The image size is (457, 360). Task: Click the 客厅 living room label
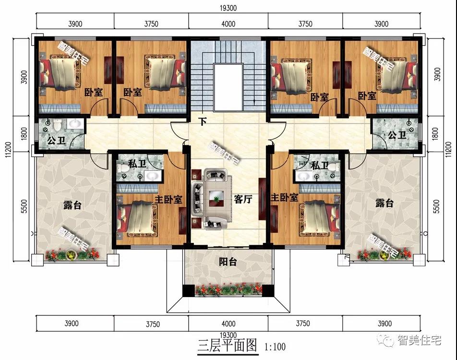243,199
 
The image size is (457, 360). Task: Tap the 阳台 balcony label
228,262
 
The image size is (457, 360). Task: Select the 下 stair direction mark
202,121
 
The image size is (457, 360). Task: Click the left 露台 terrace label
72,205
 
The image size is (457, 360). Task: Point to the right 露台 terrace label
385,203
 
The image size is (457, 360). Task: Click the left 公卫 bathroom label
56,141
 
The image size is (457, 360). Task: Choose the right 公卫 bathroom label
397,135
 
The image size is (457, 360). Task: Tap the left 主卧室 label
168,199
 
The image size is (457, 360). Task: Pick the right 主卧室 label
285,197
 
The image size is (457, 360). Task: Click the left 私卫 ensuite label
137,164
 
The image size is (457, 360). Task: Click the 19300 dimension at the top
228,8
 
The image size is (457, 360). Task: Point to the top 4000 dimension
228,24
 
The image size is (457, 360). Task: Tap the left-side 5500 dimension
24,206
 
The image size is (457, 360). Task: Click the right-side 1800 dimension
435,134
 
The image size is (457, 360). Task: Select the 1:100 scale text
275,347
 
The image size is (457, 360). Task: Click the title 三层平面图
228,346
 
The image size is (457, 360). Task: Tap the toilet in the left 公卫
57,124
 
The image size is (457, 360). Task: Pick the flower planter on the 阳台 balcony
229,290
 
